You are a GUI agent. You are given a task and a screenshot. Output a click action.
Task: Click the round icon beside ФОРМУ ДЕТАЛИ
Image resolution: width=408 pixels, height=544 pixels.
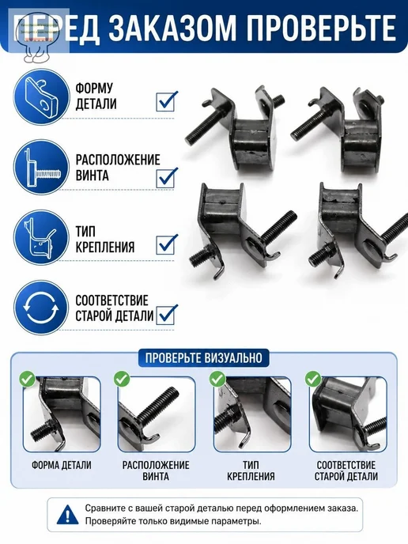coord(41,96)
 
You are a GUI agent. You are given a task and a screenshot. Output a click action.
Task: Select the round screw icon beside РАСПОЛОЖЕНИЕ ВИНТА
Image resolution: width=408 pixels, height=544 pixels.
coord(41,167)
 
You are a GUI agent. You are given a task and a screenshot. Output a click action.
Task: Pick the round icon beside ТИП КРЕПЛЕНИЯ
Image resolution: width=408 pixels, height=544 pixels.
coord(41,238)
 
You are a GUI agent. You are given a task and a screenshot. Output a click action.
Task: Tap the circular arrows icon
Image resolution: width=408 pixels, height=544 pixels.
coord(41,308)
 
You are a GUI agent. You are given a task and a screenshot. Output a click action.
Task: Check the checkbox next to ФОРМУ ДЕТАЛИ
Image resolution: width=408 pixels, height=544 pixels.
coord(167,101)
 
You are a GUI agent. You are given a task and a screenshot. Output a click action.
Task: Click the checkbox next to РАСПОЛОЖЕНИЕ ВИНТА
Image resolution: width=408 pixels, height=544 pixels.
coord(167,178)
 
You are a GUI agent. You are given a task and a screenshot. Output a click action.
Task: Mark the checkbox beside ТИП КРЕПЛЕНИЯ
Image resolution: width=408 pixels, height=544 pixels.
coord(167,244)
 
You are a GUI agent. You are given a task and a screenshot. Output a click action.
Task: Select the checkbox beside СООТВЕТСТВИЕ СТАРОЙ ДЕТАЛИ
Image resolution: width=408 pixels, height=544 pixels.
coord(167,315)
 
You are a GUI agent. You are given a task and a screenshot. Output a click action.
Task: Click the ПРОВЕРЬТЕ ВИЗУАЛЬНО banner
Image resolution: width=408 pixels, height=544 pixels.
coord(204,357)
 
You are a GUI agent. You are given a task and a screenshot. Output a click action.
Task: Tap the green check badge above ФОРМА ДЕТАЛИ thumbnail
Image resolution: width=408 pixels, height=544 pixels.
coord(27,379)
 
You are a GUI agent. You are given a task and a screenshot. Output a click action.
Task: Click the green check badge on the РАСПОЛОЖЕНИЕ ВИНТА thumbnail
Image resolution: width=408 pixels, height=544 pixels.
coord(122,379)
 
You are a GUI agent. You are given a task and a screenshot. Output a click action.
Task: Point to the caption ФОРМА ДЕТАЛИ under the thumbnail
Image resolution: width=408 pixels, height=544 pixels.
coord(62,465)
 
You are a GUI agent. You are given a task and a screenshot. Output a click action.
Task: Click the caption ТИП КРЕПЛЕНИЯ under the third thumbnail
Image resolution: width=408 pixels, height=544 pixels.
coord(251,470)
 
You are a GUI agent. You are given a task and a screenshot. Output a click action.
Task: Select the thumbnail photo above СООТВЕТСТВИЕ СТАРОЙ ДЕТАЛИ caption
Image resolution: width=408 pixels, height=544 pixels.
coord(348,414)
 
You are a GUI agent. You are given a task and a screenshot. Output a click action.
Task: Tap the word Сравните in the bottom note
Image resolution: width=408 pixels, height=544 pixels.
coord(104,508)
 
